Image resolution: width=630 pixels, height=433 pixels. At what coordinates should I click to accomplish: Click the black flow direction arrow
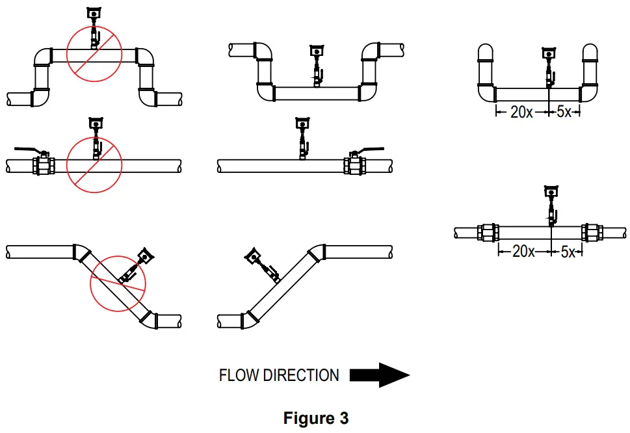[x=379, y=375]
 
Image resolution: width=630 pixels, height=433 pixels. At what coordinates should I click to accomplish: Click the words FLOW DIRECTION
[x=279, y=375]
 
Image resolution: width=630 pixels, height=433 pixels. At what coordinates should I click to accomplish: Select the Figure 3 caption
[x=315, y=418]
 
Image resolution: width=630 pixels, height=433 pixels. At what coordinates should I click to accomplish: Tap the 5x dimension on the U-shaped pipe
[x=564, y=112]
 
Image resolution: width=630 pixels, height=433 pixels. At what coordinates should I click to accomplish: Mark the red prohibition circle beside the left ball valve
[x=95, y=163]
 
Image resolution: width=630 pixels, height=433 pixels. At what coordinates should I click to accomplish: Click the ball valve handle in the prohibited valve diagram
[x=29, y=149]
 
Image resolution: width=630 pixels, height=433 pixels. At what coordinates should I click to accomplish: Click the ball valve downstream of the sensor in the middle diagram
[x=354, y=164]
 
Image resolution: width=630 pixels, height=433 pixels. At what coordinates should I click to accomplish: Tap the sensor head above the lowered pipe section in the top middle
[x=317, y=49]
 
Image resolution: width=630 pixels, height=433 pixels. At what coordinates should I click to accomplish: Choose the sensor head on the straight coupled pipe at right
[x=551, y=190]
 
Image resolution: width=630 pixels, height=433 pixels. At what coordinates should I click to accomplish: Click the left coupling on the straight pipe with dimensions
[x=488, y=233]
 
